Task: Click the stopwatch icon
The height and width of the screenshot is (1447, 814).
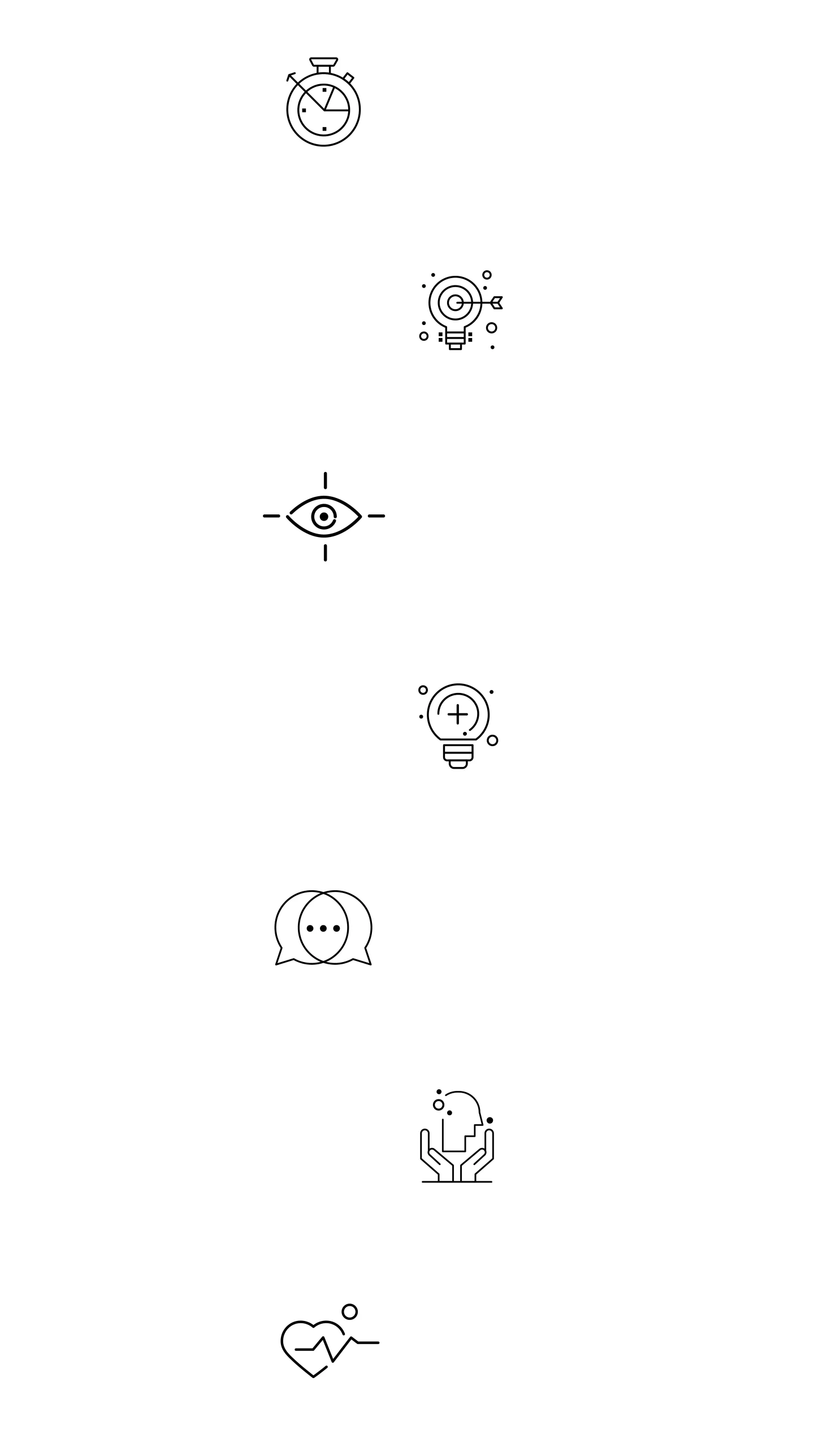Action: click(323, 104)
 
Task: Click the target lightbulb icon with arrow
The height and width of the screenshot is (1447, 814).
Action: click(457, 309)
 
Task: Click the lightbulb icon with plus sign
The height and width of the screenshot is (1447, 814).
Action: click(457, 723)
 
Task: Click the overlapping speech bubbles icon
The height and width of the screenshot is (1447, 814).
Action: click(323, 929)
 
